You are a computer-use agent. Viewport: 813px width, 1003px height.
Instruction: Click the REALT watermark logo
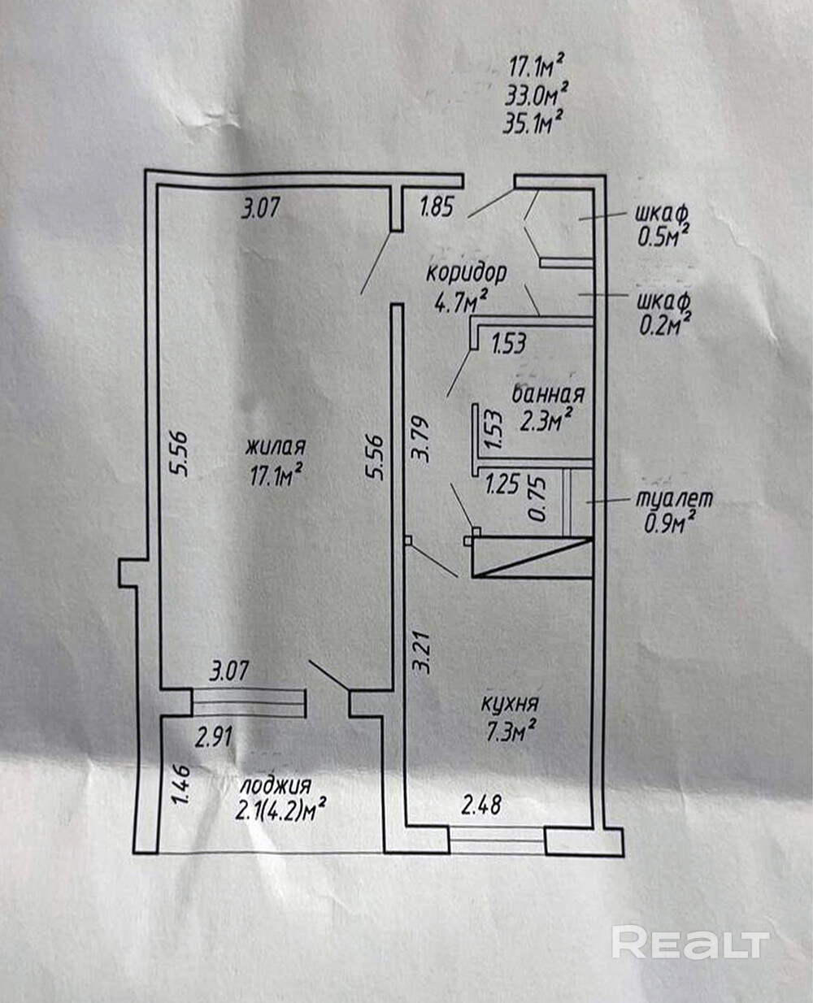pos(689,943)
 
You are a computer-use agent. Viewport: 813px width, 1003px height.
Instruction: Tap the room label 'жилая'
pos(276,447)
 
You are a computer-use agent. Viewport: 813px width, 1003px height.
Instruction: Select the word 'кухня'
pos(510,704)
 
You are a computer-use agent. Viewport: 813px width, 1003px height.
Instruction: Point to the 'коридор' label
pos(467,272)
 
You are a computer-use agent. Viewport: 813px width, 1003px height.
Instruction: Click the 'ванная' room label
pos(548,394)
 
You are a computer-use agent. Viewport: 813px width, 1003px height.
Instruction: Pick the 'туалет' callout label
pos(673,498)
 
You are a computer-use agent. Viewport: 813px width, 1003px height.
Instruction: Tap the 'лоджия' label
pos(276,786)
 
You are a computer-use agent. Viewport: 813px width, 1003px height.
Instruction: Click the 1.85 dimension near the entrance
pos(436,208)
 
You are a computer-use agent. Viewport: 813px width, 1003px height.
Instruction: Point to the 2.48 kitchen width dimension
pos(481,805)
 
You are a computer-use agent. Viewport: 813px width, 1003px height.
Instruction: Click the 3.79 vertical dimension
pos(420,440)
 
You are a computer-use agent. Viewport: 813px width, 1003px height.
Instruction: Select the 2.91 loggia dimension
pos(215,737)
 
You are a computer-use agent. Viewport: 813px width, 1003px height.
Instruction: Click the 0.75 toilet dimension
pos(537,500)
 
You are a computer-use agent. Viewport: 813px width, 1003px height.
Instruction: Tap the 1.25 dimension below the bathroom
pos(502,486)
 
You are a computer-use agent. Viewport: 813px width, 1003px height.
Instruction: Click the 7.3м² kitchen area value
pos(510,732)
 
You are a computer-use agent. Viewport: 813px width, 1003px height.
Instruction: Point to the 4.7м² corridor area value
pos(460,302)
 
